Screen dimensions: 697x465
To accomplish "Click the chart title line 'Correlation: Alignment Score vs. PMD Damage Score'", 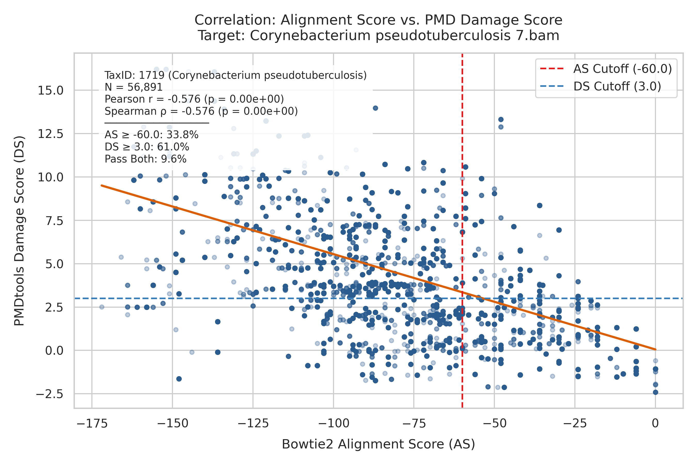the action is (x=378, y=20).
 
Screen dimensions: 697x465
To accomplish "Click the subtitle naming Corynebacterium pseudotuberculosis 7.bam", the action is (x=378, y=36).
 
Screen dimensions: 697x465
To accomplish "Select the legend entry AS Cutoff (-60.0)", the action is (x=606, y=69).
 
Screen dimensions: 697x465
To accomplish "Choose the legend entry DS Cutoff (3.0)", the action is (x=601, y=86).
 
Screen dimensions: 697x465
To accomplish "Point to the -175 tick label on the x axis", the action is (x=92, y=424).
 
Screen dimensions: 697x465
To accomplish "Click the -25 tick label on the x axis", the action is (x=575, y=424).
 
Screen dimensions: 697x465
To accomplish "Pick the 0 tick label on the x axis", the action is (x=655, y=424).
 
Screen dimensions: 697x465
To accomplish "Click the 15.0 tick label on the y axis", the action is (x=50, y=90).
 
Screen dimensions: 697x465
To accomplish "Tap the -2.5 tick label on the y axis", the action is (x=50, y=394).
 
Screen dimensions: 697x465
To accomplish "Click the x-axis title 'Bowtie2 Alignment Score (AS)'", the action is (x=378, y=445).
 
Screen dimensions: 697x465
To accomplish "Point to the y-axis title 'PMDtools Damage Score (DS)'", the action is (x=20, y=231).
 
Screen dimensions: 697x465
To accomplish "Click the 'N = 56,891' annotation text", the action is (x=134, y=87).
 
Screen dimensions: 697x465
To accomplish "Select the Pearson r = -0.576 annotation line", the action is (x=194, y=99).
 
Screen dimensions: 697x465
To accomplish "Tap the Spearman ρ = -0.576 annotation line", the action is (x=201, y=111).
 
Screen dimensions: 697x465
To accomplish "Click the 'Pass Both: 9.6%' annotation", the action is (x=146, y=159).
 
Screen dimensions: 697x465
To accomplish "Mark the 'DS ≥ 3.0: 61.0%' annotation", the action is (x=147, y=147).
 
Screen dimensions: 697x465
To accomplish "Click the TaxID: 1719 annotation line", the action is (x=236, y=75).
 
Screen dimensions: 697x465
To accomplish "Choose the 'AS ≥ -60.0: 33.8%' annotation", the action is (x=152, y=135).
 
